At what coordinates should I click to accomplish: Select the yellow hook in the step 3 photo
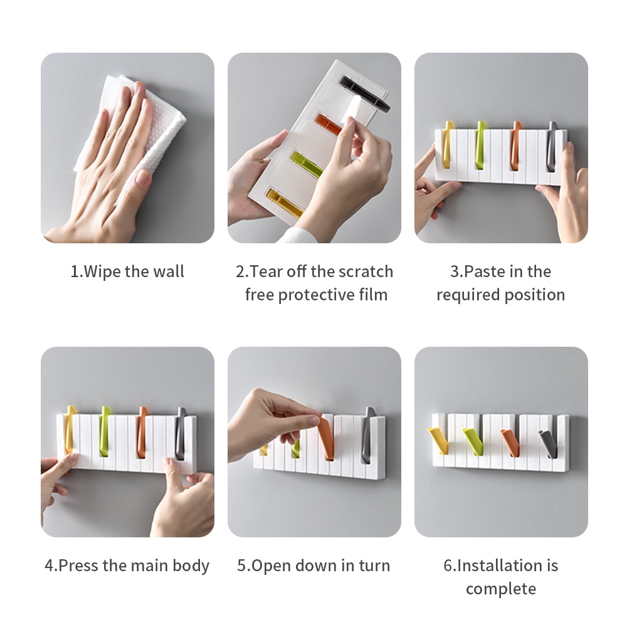pos(448,144)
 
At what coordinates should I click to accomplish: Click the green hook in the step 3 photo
pos(480,145)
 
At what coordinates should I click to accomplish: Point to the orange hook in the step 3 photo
pos(516,145)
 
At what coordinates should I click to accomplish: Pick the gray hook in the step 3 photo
pos(552,146)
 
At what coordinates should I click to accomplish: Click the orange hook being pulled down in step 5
pos(327,437)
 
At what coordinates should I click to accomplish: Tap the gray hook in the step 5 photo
pos(367,435)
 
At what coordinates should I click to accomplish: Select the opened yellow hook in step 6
pos(438,440)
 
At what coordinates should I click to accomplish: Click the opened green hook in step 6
pos(473,441)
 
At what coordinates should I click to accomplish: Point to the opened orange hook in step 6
pos(510,442)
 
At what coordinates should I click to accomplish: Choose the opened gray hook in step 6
pos(548,443)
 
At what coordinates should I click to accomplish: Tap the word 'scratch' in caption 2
pos(366,271)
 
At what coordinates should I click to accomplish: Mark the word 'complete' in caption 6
pos(500,589)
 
